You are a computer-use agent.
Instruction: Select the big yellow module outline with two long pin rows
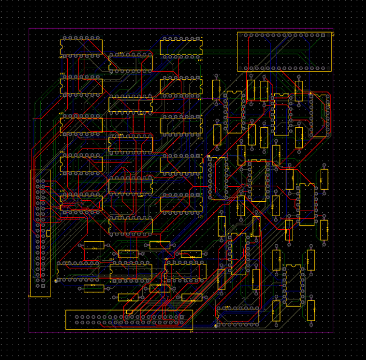coord(285,52)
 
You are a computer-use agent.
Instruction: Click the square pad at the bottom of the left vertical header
coord(42,285)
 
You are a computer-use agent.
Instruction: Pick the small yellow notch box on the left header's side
coord(48,233)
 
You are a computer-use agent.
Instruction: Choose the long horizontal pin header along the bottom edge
coord(129,319)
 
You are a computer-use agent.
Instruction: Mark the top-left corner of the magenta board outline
coord(29,29)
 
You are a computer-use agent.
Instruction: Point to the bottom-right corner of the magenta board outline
coord(333,331)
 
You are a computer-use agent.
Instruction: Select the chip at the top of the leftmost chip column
coord(81,47)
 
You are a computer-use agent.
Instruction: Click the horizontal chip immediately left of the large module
coord(181,47)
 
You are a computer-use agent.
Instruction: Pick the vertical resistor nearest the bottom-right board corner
coord(311,310)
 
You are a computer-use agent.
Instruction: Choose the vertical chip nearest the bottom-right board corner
coord(293,285)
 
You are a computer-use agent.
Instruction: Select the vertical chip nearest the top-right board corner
coord(320,115)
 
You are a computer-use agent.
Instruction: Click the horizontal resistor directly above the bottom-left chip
coord(94,245)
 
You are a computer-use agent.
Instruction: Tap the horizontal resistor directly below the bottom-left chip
coord(94,288)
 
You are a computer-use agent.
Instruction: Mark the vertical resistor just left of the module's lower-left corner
coord(216,89)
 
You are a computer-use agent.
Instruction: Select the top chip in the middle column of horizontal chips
coord(131,63)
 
